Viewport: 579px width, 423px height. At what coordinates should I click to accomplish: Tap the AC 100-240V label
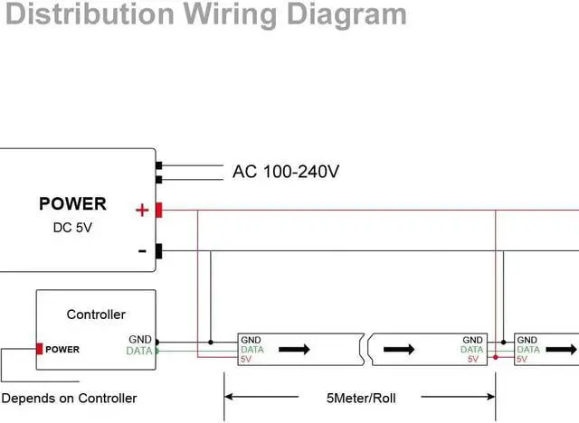(286, 171)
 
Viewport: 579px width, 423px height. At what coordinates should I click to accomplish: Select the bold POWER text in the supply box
(72, 203)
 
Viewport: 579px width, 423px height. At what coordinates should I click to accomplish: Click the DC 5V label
(72, 227)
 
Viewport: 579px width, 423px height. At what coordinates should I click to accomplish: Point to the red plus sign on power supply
(141, 211)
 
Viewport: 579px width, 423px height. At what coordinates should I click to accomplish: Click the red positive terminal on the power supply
(158, 211)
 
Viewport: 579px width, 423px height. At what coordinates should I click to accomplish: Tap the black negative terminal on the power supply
(158, 251)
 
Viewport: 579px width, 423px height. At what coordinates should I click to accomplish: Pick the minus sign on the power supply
(142, 251)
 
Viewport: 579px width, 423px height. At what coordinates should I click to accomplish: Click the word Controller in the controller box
(96, 315)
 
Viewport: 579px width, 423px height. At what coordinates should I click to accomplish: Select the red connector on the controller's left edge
(40, 349)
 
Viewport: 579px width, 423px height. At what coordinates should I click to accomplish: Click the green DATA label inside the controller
(139, 351)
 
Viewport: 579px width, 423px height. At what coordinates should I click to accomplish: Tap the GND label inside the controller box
(140, 340)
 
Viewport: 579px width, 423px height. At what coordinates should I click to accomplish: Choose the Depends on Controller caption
(70, 398)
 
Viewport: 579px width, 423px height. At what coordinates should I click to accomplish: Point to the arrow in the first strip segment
(293, 349)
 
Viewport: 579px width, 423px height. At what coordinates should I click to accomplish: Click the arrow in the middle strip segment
(399, 349)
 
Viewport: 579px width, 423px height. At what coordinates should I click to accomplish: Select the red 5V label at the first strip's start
(245, 359)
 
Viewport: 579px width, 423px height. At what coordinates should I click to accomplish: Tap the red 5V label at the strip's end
(473, 359)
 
